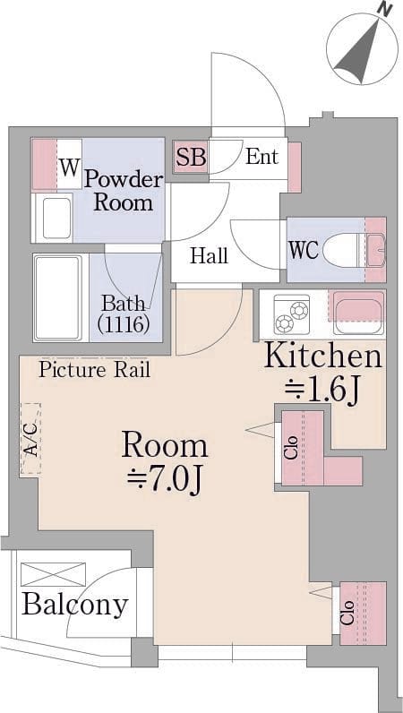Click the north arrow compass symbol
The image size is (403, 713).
click(x=363, y=48)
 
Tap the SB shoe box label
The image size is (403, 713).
click(x=191, y=158)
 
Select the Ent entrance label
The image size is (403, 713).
click(x=262, y=157)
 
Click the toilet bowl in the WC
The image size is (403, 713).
click(x=341, y=249)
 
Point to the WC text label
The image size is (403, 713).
click(x=304, y=250)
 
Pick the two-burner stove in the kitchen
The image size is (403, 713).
click(x=292, y=314)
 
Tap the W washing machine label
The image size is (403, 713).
click(x=69, y=168)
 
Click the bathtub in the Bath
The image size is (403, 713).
click(x=57, y=298)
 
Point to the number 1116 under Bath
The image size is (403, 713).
click(x=124, y=323)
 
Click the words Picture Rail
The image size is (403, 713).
click(x=94, y=370)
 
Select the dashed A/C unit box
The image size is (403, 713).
click(x=30, y=438)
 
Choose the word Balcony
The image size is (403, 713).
click(x=75, y=606)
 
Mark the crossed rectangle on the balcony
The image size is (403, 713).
click(x=53, y=574)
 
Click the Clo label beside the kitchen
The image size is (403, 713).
click(x=292, y=448)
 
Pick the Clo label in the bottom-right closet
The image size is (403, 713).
click(x=349, y=612)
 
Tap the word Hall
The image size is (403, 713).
click(x=209, y=255)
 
